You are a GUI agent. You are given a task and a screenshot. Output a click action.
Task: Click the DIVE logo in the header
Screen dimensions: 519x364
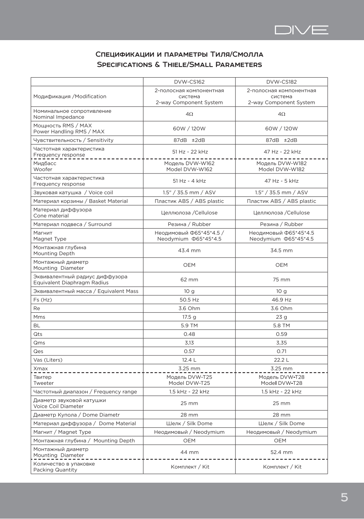tap(301, 30)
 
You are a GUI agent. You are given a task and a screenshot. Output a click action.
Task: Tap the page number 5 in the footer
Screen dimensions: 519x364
tap(344, 497)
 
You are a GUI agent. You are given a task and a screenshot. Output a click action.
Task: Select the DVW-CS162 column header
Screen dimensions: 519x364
tap(189, 82)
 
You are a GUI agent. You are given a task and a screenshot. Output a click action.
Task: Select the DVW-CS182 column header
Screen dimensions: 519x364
tap(281, 82)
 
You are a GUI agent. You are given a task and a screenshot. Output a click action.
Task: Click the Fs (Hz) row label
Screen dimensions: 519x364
tap(42, 300)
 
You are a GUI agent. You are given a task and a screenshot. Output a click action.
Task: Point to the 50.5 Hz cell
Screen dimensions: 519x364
tap(189, 300)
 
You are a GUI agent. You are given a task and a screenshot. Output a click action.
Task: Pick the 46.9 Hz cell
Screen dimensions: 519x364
tap(281, 300)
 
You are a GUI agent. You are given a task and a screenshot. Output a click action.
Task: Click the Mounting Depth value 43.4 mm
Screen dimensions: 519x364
tap(189, 250)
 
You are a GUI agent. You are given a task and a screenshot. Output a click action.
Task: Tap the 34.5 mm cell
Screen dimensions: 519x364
tap(281, 250)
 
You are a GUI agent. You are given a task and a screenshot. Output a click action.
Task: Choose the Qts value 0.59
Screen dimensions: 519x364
tap(281, 334)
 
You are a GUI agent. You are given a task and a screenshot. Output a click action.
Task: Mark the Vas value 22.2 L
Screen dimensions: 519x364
tap(281, 360)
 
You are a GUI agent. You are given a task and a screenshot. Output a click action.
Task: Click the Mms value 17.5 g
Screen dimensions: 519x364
tap(189, 317)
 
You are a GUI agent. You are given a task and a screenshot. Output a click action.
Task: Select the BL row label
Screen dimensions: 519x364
tap(37, 326)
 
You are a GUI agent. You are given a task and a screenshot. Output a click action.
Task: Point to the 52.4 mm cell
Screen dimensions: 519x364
tap(281, 452)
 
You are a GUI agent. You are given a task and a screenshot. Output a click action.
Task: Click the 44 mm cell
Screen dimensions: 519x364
tap(189, 452)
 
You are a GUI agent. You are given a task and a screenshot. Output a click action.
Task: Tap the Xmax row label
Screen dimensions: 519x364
tap(41, 368)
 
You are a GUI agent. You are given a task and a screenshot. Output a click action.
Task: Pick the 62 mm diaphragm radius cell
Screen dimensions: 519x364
tap(189, 279)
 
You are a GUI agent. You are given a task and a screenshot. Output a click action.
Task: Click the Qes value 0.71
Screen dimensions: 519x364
tap(281, 351)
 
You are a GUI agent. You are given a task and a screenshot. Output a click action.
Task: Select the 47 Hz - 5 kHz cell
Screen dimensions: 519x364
tap(281, 181)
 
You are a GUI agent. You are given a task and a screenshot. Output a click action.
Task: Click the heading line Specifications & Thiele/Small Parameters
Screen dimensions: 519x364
tap(179, 65)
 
